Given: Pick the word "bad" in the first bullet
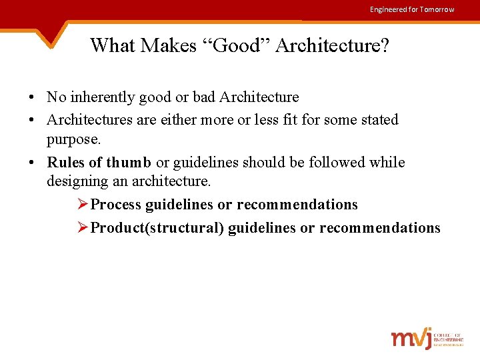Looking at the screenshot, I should pos(204,97).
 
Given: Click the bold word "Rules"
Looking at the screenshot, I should pos(66,163).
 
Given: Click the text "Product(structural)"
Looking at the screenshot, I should pos(157,228).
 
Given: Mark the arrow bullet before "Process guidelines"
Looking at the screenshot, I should pos(83,205).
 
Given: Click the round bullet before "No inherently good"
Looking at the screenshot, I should pos(32,97).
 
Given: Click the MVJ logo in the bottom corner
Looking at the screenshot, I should pos(427,338).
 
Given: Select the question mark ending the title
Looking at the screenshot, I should pos(385,45).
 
